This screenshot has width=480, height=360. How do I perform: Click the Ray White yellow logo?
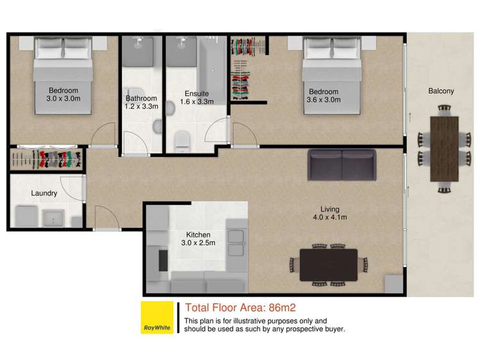click(x=157, y=317)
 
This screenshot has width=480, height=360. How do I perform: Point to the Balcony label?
click(x=441, y=91)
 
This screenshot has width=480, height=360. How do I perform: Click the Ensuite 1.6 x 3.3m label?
click(x=195, y=97)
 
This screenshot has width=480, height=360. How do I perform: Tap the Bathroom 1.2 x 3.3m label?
click(x=141, y=102)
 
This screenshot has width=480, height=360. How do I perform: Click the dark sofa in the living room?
click(x=342, y=165)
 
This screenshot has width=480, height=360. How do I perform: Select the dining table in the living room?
click(x=329, y=263)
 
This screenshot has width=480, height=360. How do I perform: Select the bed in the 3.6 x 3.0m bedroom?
click(x=329, y=77)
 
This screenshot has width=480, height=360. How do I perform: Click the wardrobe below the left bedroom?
click(x=47, y=159)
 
